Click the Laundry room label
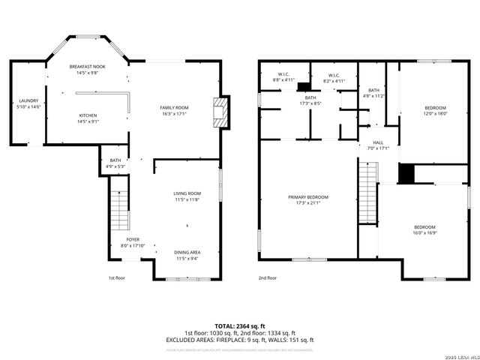pos(28,104)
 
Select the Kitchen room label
pos(88,118)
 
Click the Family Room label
pos(174,110)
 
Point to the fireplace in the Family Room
pos(219,112)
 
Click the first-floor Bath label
pos(115,163)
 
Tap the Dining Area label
pos(187,255)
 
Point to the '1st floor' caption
pos(115,278)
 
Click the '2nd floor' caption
pos(267,278)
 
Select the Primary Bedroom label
pos(307,200)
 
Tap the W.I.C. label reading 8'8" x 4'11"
pos(283,76)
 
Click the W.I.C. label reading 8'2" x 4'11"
pos(334,76)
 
